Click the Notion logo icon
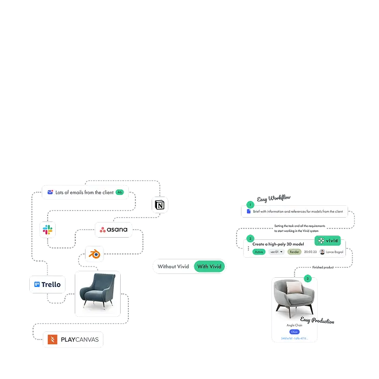(160, 204)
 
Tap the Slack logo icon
(48, 230)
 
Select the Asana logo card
(114, 230)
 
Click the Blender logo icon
(95, 253)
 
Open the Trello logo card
(48, 284)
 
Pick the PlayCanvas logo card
(74, 339)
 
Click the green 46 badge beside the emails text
(120, 192)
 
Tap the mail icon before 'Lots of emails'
(50, 192)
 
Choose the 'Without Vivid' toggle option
(174, 266)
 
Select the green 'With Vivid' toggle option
(209, 266)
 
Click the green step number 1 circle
(250, 205)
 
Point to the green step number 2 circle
(250, 238)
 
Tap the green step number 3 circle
(308, 278)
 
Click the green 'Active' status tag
(259, 252)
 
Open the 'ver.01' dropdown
(277, 252)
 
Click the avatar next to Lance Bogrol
(322, 252)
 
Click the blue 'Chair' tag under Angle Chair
(295, 331)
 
